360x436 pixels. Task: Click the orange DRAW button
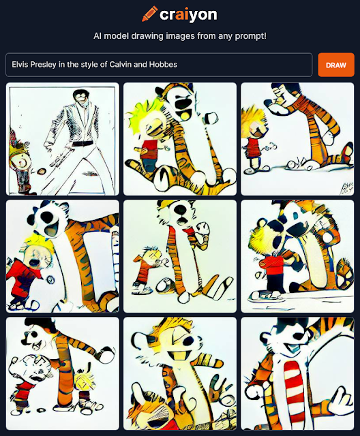pyautogui.click(x=336, y=65)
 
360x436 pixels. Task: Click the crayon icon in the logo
pyautogui.click(x=150, y=14)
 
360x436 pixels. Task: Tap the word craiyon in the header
pyautogui.click(x=188, y=15)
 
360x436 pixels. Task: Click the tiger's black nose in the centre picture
pyautogui.click(x=181, y=208)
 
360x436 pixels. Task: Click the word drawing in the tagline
pyautogui.click(x=147, y=36)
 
